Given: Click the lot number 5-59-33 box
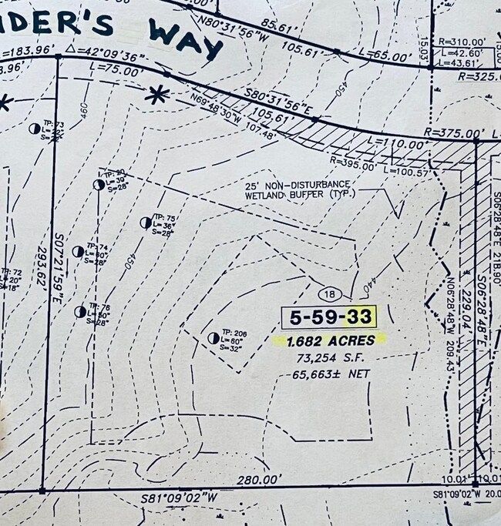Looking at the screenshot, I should point(329,317).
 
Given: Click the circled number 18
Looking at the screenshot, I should point(329,293).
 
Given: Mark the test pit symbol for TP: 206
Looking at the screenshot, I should point(214,338).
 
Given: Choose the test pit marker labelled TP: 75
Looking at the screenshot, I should point(145,223).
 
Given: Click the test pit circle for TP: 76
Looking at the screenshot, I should point(80,312).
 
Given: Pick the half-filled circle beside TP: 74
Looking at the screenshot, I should point(78,251).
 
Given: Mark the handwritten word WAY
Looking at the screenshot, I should point(186,39).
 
